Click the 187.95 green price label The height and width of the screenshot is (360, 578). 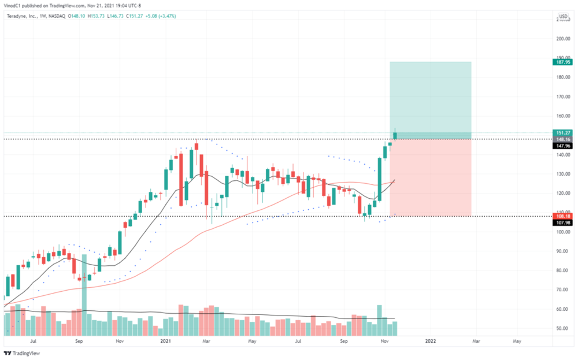(x=562, y=62)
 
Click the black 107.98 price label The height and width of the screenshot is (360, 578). (x=562, y=222)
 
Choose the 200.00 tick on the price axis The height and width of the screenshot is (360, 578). (x=563, y=39)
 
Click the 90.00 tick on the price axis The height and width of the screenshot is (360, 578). (x=563, y=251)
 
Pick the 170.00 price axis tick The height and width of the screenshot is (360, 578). (x=563, y=97)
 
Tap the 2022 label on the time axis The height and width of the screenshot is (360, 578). (x=430, y=342)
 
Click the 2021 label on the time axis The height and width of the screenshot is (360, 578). (x=166, y=342)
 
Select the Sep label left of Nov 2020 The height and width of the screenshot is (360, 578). (x=80, y=342)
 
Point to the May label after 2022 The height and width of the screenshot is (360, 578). (x=517, y=342)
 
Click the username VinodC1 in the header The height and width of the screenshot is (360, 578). (x=13, y=5)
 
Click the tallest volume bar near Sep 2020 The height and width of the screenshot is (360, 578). (x=84, y=295)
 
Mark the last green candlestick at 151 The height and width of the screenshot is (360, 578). (x=395, y=136)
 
